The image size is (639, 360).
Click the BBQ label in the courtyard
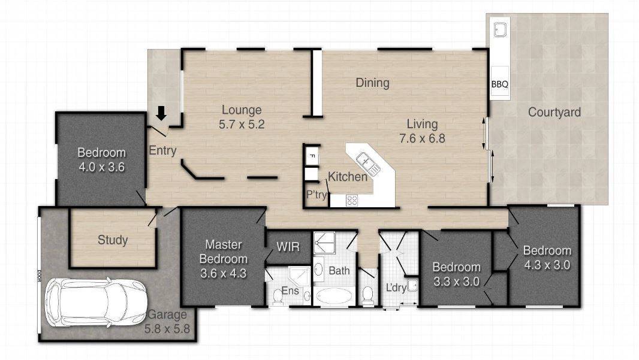499,84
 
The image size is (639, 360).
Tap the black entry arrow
161,113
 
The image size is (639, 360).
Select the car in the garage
97,302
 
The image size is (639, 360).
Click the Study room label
113,240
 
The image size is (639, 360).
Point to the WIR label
288,247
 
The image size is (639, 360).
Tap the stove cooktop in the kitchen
352,200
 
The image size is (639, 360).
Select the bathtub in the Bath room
334,296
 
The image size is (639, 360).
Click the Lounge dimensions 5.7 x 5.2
242,124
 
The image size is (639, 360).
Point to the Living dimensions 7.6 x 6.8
422,138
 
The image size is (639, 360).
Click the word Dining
372,83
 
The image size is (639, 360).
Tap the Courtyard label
554,113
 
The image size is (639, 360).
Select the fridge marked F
312,156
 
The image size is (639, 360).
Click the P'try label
317,195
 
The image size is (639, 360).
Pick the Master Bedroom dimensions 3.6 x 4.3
224,273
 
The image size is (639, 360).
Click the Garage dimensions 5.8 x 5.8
167,329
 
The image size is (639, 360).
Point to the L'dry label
396,288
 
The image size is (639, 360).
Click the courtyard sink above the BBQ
500,30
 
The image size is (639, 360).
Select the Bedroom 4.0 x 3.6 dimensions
101,167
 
